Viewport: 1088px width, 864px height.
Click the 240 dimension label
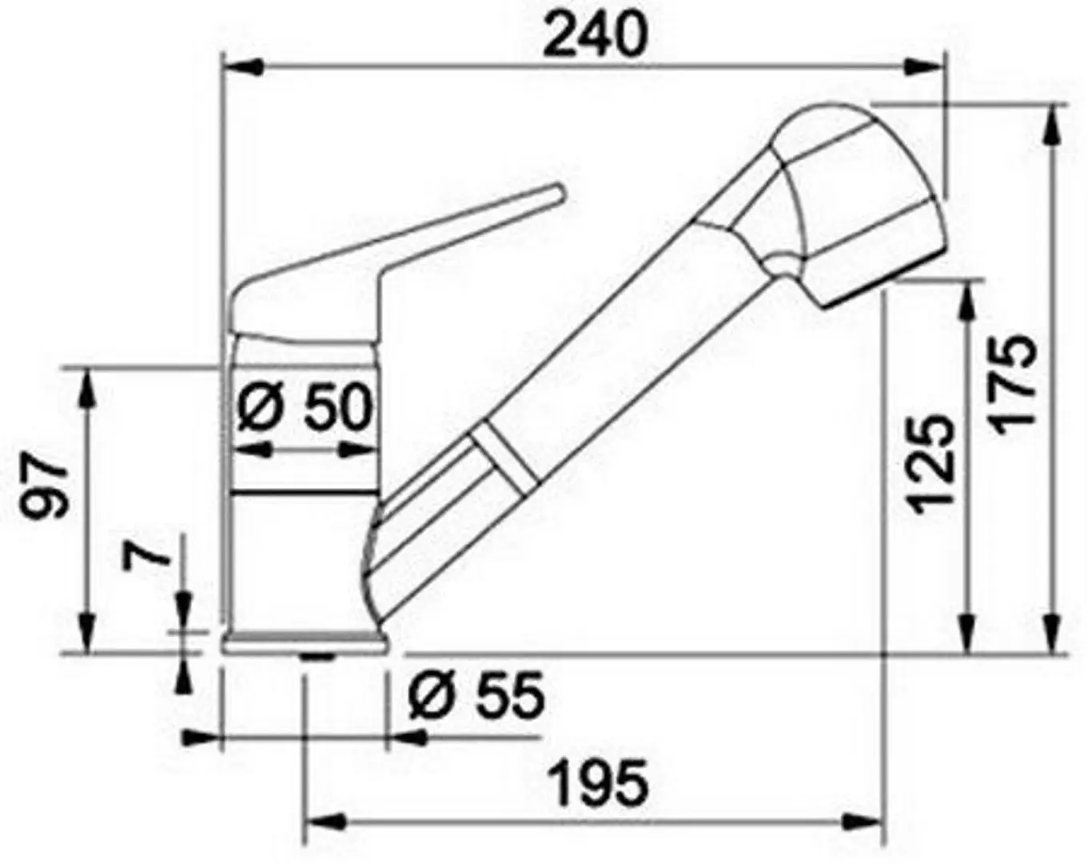tap(595, 34)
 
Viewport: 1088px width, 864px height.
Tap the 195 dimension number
tap(600, 783)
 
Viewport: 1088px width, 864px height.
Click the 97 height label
tap(43, 486)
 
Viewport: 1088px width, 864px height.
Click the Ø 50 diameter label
tap(305, 406)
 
